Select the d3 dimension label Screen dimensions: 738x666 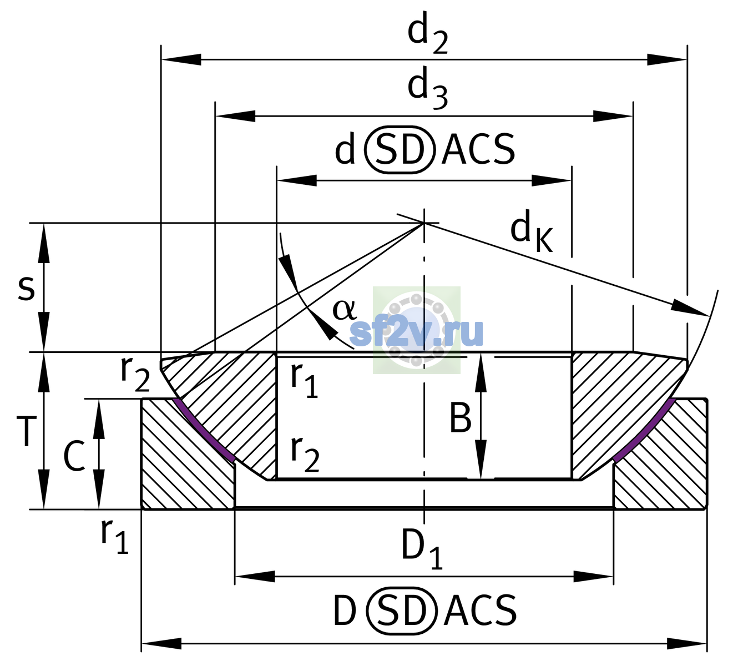(427, 88)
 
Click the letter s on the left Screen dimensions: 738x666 (26, 288)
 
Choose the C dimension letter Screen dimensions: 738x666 (74, 456)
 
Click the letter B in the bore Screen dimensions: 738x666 (460, 418)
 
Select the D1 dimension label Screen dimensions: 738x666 (422, 549)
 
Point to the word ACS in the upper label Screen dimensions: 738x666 (478, 149)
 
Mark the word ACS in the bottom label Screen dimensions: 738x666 (480, 610)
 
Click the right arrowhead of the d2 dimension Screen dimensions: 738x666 (666, 59)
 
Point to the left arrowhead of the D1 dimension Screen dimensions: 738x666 (255, 577)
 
